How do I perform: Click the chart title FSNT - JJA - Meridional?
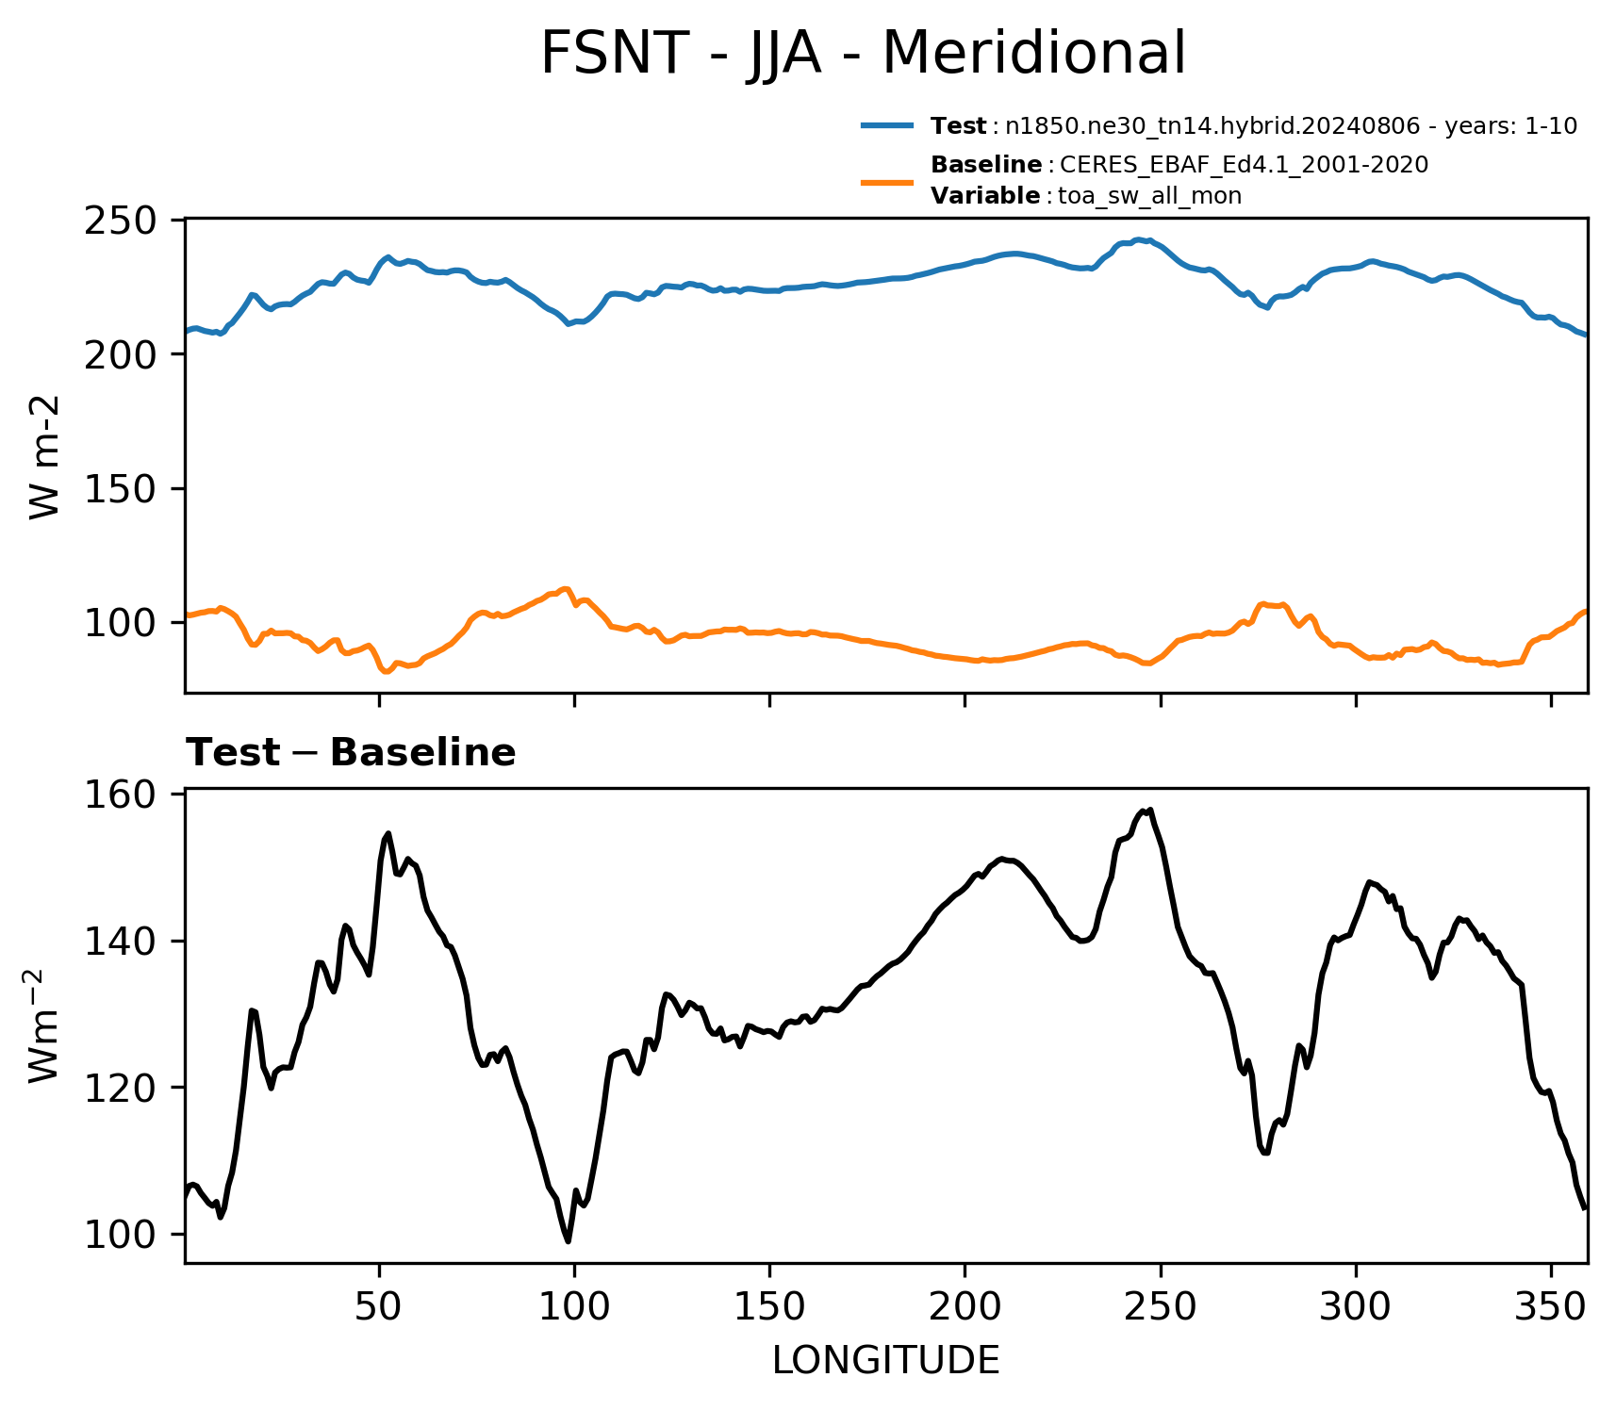click(862, 53)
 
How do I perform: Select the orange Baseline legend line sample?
click(887, 181)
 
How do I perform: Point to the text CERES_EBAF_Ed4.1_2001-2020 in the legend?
click(1244, 165)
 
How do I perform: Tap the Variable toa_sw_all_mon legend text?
click(1086, 196)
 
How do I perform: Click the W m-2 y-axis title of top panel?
click(44, 456)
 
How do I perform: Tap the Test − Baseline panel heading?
click(351, 753)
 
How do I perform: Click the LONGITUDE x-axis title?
click(886, 1361)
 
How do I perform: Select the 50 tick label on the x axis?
click(379, 1307)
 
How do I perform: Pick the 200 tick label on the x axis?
click(965, 1307)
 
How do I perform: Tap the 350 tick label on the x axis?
click(1551, 1307)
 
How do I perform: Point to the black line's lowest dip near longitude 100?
click(568, 1241)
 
